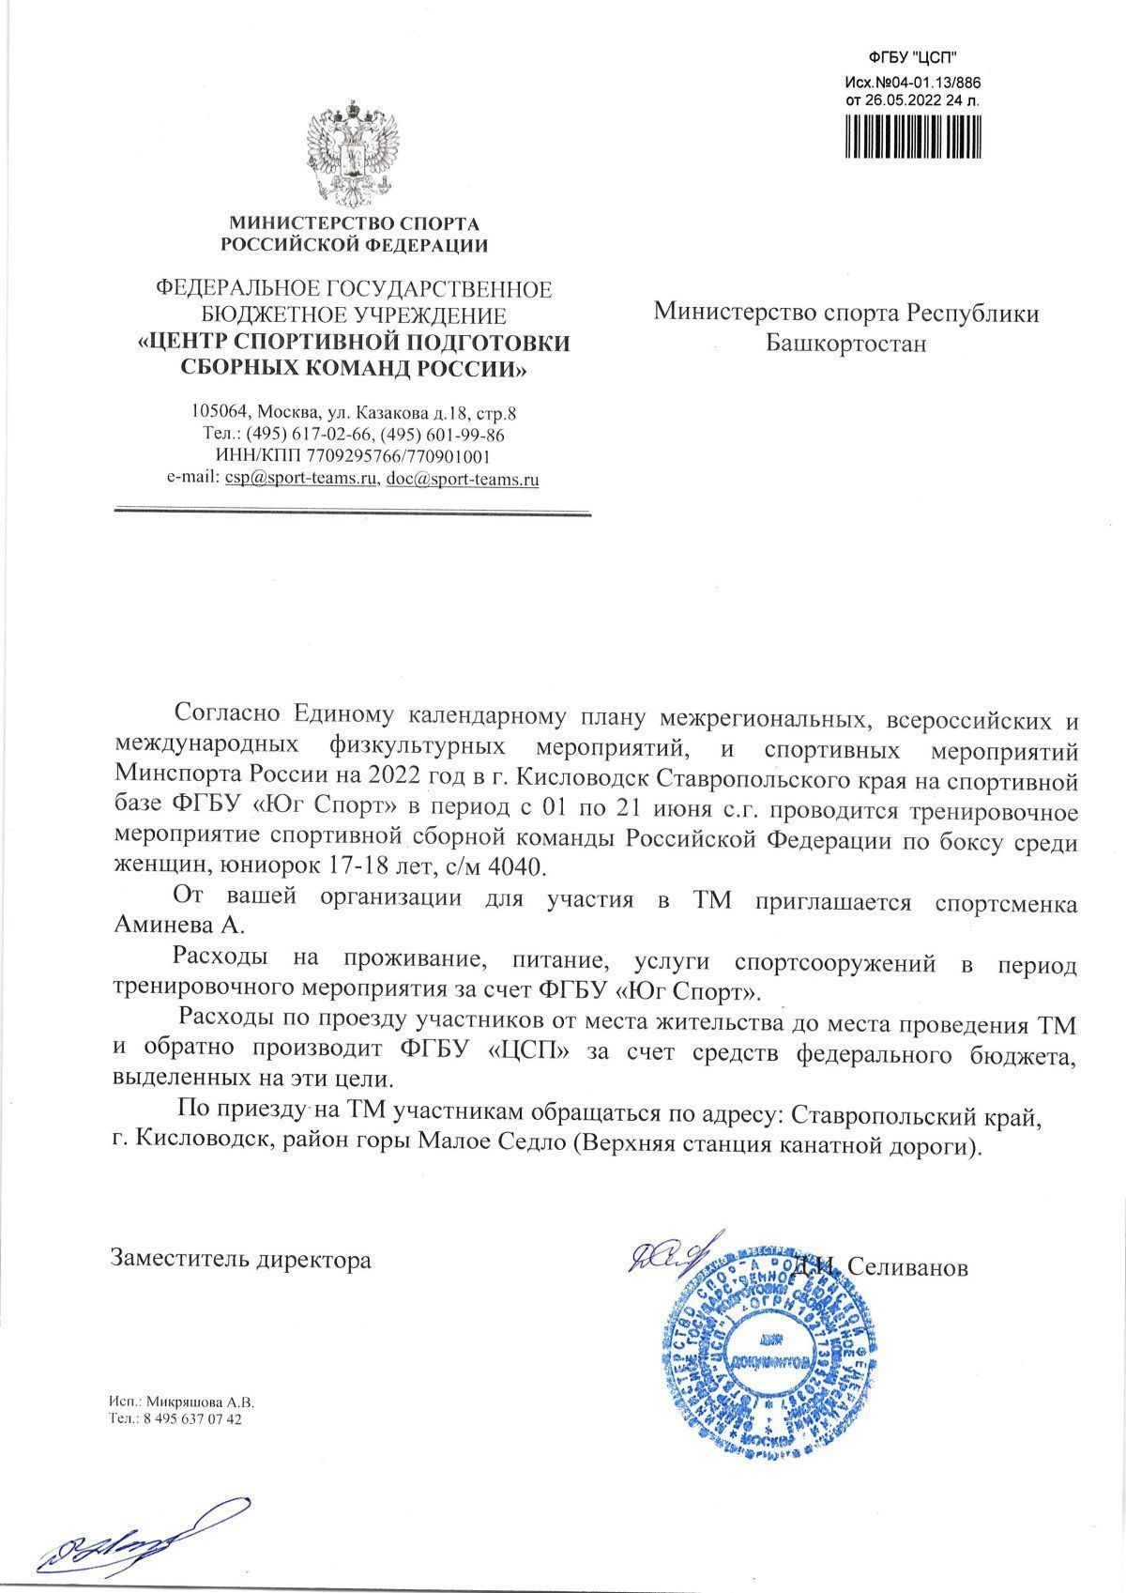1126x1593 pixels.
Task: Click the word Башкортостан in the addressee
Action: pyautogui.click(x=846, y=344)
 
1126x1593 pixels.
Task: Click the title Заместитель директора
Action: pyautogui.click(x=241, y=1259)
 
